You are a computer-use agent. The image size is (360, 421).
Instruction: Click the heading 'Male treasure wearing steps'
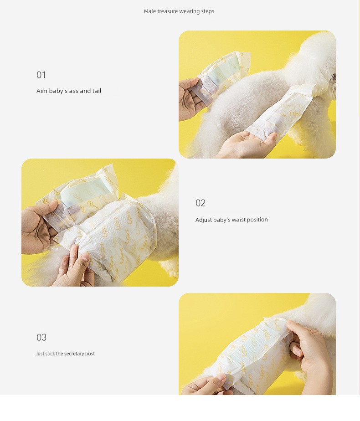[179, 11]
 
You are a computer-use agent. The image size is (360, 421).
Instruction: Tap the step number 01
[41, 75]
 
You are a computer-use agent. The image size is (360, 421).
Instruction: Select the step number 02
[200, 203]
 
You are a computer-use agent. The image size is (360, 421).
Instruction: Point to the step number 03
[41, 337]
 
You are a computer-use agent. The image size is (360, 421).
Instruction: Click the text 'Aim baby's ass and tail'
[69, 91]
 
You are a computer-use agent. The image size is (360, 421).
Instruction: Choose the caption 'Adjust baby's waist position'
[231, 220]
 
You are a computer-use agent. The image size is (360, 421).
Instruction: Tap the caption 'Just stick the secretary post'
[66, 354]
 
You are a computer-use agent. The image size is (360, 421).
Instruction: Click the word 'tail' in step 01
[97, 91]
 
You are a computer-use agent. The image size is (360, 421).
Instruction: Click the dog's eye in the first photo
[334, 77]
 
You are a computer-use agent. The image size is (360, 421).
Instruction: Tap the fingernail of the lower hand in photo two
[85, 257]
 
